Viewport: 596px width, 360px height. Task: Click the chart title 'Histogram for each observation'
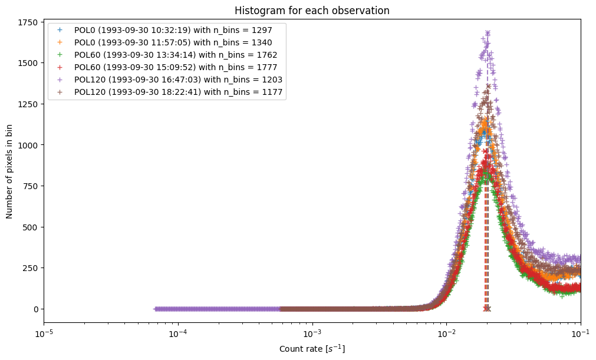312,11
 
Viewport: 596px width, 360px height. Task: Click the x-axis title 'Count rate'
312,349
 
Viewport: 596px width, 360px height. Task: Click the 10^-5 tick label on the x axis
44,334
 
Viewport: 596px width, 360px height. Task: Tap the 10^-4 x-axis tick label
178,334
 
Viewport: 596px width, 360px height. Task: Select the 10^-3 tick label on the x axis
312,334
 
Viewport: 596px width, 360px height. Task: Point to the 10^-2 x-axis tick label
446,334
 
